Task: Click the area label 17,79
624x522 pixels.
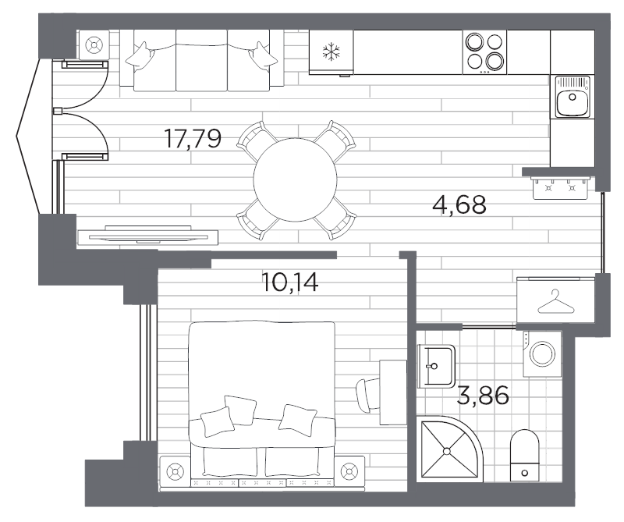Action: [x=193, y=139]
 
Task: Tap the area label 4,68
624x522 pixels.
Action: [x=459, y=205]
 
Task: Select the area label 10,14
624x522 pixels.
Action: [x=290, y=281]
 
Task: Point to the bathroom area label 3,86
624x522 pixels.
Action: [x=483, y=396]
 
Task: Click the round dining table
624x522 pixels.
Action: [x=295, y=179]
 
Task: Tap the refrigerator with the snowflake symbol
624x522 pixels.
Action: [x=331, y=52]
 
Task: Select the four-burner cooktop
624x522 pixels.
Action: [x=484, y=52]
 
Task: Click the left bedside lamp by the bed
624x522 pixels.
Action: [x=173, y=471]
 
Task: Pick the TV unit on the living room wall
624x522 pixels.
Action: [x=147, y=234]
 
